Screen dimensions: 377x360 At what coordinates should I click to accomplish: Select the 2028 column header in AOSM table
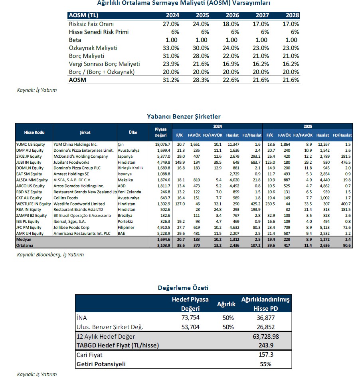291,16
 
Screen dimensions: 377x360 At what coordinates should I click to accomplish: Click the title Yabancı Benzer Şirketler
184,116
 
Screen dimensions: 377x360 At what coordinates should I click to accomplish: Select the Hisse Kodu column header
34,132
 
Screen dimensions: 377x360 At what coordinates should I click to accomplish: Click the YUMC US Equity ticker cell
31,144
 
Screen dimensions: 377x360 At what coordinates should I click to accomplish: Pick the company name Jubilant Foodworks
71,163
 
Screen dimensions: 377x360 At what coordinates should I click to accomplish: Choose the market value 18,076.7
162,144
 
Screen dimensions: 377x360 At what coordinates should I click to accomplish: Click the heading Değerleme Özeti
183,288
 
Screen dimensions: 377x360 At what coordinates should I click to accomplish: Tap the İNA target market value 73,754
189,317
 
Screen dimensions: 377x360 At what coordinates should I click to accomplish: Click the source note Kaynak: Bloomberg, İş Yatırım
50,254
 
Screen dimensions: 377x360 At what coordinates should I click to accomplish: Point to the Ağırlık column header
226,304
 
